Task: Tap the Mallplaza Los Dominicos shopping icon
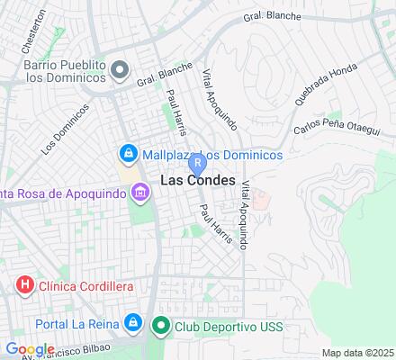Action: (x=129, y=155)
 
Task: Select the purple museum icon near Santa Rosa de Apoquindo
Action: (x=139, y=192)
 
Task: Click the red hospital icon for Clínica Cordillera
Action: (x=25, y=286)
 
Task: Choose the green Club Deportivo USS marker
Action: (x=161, y=326)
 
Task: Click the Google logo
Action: (x=29, y=349)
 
